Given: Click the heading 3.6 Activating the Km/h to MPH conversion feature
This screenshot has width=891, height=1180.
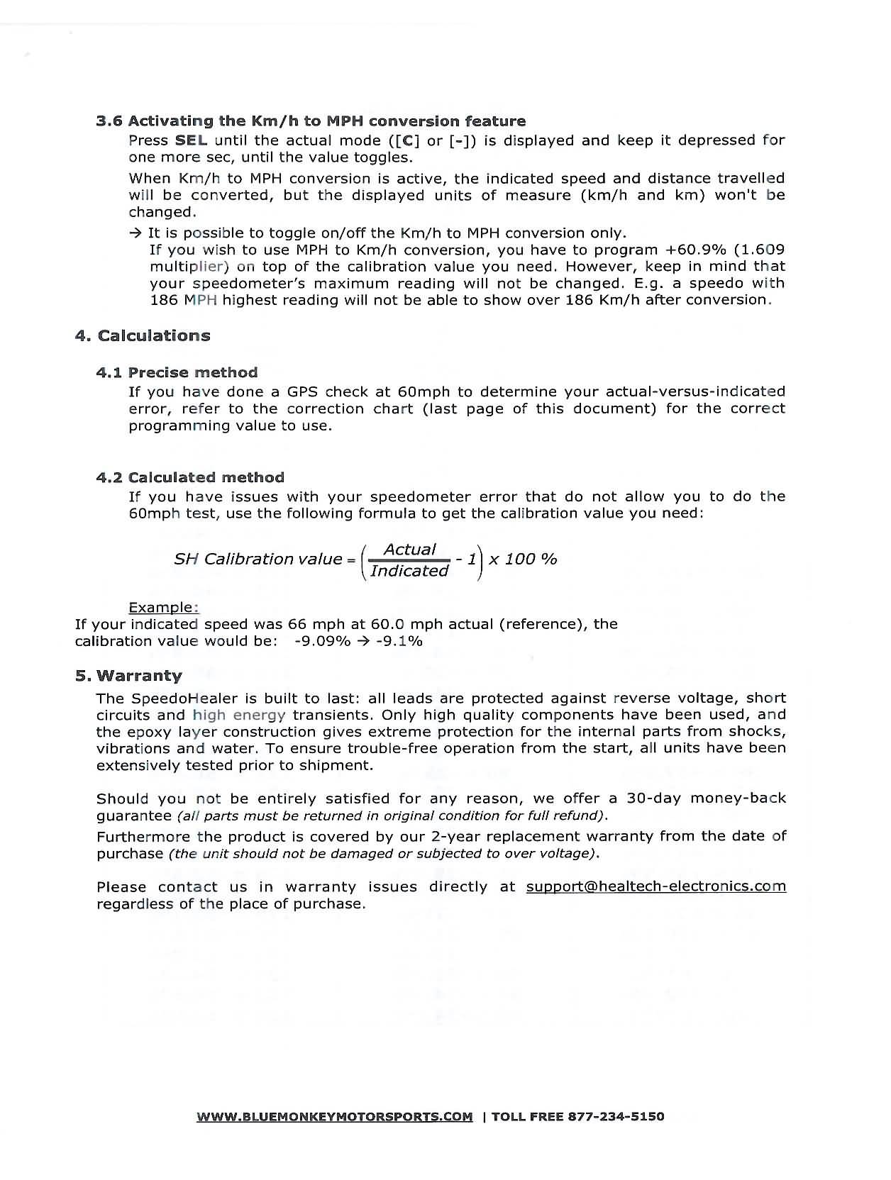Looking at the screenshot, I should (311, 121).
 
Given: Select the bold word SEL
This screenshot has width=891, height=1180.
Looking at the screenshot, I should (191, 140).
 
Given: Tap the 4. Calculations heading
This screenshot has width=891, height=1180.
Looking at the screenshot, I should (143, 335).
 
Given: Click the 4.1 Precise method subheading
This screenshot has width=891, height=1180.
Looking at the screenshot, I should (177, 372).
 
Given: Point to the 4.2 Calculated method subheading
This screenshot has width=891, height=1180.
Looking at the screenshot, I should (190, 477).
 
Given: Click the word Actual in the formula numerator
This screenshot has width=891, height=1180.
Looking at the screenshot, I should (409, 550).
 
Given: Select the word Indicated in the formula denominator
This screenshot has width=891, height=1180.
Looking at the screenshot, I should (409, 571).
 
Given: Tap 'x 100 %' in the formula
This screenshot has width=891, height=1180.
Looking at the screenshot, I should (523, 559).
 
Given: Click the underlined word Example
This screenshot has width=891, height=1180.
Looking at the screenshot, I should (163, 608).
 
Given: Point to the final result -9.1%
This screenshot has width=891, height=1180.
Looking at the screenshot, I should (399, 641).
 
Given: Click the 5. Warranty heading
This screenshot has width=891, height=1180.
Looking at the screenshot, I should (128, 676).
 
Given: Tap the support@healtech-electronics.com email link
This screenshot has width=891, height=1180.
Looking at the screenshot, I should (655, 886).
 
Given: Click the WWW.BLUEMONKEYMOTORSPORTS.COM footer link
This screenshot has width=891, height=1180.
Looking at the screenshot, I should (334, 1117).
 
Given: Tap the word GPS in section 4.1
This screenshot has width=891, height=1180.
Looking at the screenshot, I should (304, 391).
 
